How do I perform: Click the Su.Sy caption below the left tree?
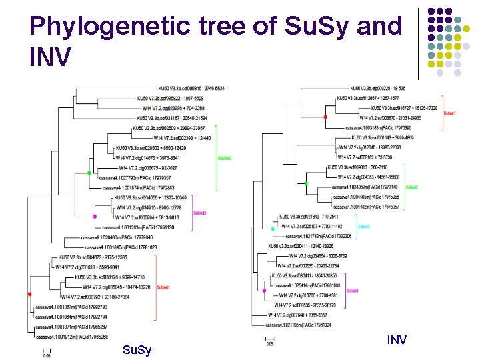coord(137,350)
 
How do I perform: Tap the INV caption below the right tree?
coord(397,341)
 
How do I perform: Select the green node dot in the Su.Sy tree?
coord(89,173)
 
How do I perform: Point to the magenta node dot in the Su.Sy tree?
coord(95,217)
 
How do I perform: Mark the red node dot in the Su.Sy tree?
coord(29,294)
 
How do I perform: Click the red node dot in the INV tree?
coord(325,117)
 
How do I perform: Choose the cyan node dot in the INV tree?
coord(273,229)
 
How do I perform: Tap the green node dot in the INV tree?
coord(307,183)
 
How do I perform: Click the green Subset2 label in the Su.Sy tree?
coord(224,158)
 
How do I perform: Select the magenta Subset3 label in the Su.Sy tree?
coord(199,213)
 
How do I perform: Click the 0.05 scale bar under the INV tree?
coord(269,341)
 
